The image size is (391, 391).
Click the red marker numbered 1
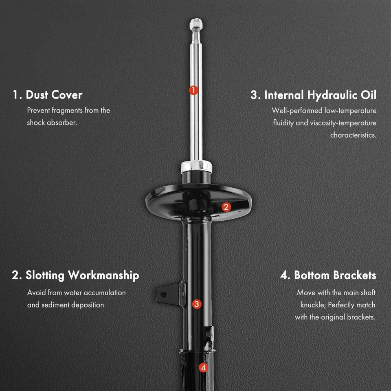pyautogui.click(x=193, y=90)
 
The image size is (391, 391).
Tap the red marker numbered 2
pyautogui.click(x=226, y=207)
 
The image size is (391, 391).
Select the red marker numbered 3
pyautogui.click(x=197, y=303)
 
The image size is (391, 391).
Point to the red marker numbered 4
pyautogui.click(x=203, y=368)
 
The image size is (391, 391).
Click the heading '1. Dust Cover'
pyautogui.click(x=47, y=95)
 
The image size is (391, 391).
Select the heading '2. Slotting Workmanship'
pyautogui.click(x=75, y=275)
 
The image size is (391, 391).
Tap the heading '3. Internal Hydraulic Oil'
pyautogui.click(x=313, y=95)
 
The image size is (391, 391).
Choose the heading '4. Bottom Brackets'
pyautogui.click(x=328, y=275)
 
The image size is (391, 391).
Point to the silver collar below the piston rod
pyautogui.click(x=196, y=167)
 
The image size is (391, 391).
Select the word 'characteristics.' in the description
pyautogui.click(x=353, y=135)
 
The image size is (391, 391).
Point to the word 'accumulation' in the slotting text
pyautogui.click(x=105, y=293)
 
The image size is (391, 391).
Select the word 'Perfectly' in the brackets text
pyautogui.click(x=345, y=305)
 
